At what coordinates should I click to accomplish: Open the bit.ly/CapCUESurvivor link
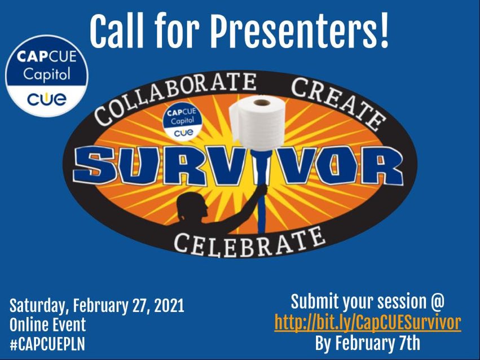[x=368, y=322]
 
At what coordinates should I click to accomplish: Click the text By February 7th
[x=367, y=342]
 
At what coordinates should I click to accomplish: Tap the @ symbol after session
[x=436, y=302]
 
